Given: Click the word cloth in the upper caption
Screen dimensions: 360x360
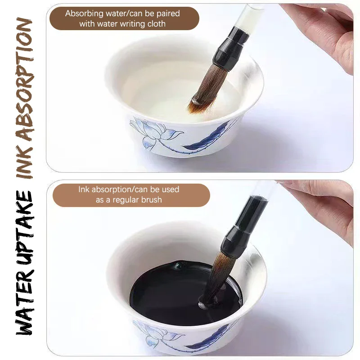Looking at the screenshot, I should (x=155, y=24).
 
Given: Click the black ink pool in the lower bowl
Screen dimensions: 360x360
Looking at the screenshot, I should (x=166, y=288).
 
